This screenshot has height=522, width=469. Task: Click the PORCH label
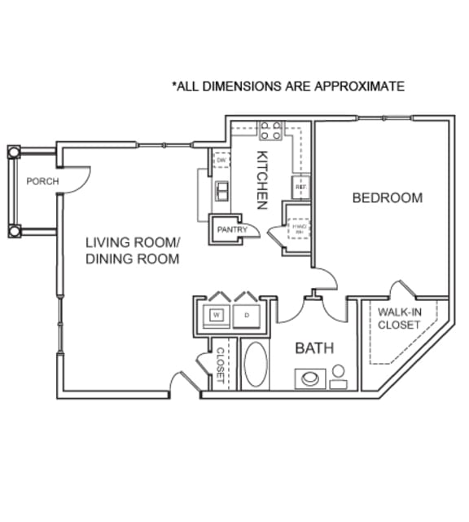pyautogui.click(x=42, y=181)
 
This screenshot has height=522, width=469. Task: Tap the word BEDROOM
pyautogui.click(x=387, y=197)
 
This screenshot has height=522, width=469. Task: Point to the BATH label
pyautogui.click(x=315, y=348)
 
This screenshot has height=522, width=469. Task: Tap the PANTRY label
pyautogui.click(x=226, y=230)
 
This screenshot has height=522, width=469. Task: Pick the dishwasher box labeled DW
pyautogui.click(x=221, y=161)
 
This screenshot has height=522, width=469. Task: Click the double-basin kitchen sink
pyautogui.click(x=221, y=192)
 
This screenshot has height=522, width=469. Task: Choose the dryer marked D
pyautogui.click(x=245, y=314)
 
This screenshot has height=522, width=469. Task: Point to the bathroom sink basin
pyautogui.click(x=310, y=378)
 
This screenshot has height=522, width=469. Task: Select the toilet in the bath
pyautogui.click(x=338, y=376)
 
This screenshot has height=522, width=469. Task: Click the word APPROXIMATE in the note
pyautogui.click(x=362, y=86)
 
